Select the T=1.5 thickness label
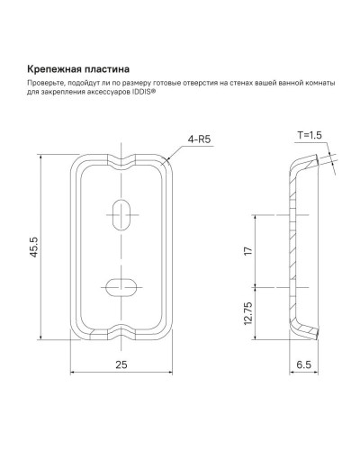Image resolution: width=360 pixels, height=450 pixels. pos(309,135)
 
